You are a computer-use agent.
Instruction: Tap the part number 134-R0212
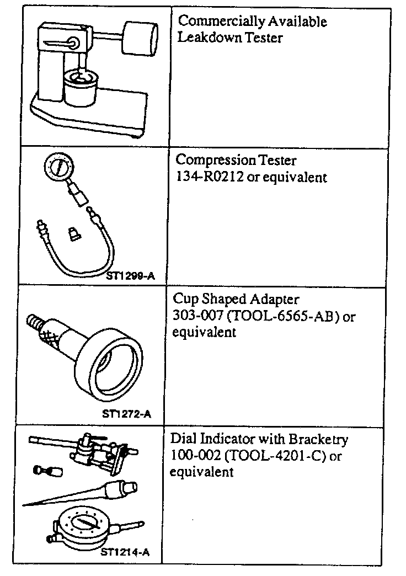(202, 178)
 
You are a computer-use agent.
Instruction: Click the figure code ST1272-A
(126, 413)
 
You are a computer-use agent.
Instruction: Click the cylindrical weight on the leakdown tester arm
(139, 38)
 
